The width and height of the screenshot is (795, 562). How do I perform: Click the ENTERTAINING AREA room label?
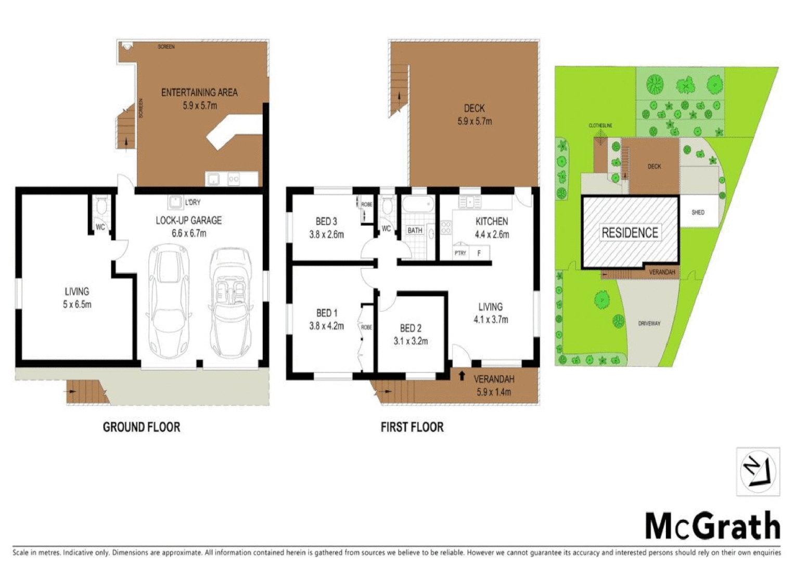point(199,93)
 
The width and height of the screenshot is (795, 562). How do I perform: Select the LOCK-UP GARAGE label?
point(188,221)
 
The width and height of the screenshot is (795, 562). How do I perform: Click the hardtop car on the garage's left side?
point(168,302)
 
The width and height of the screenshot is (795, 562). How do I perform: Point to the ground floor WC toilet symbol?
point(101,207)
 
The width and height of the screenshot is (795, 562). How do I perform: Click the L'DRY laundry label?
point(193,202)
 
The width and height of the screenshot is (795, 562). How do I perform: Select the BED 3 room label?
point(326,222)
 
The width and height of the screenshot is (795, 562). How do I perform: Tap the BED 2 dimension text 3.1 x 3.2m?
point(411,341)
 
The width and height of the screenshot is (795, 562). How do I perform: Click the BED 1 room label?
point(327,313)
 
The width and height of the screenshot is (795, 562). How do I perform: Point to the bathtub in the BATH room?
point(417,205)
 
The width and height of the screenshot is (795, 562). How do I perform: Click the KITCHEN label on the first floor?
point(492,222)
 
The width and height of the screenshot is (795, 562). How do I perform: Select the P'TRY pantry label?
point(460,253)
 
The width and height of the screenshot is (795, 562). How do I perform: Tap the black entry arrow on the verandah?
point(461,375)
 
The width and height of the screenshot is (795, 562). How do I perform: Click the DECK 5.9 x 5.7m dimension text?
point(475,121)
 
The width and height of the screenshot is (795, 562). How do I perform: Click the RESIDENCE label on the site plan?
point(630,233)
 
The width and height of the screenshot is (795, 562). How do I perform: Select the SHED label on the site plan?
point(698,212)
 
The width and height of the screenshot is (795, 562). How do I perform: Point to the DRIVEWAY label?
point(649,324)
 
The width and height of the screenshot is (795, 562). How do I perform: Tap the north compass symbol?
point(758,471)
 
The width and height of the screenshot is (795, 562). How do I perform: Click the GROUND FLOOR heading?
point(141,427)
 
